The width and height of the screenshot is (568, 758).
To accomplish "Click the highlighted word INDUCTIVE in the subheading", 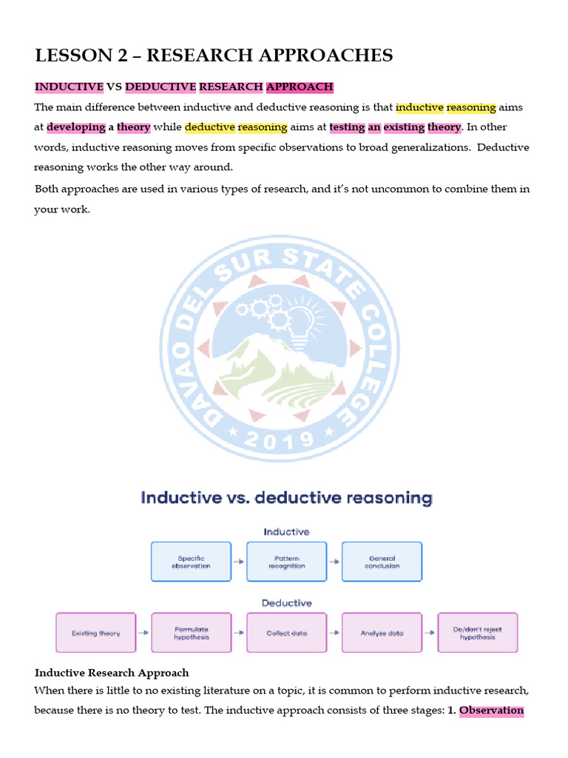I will [x=70, y=87].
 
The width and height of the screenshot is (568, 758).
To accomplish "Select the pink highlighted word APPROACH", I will [x=300, y=87].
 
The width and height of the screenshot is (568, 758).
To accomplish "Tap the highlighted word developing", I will [x=76, y=127].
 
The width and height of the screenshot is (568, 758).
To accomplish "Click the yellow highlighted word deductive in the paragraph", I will [x=209, y=127].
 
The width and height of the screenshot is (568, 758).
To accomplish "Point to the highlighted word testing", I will [x=347, y=127].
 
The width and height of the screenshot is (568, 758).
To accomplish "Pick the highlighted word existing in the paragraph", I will [x=403, y=127].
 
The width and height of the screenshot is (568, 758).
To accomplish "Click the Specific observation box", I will [x=191, y=562].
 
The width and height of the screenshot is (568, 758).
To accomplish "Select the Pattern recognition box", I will [x=286, y=562].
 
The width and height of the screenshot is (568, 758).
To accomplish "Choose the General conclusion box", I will [x=382, y=562].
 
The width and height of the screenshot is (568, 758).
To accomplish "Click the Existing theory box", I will [x=96, y=633].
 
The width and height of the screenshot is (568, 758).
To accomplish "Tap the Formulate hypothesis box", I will [x=192, y=633].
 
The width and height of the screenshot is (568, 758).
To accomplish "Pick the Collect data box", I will [x=287, y=633].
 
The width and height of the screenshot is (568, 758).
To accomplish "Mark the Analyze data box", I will [x=382, y=633].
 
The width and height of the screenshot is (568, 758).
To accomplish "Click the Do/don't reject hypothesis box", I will [x=478, y=633].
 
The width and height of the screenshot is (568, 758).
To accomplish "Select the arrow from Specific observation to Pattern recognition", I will [x=238, y=562].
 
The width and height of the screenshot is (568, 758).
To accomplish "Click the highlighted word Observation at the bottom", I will [x=491, y=711].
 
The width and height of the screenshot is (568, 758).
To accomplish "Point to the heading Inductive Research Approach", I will [x=112, y=673].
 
